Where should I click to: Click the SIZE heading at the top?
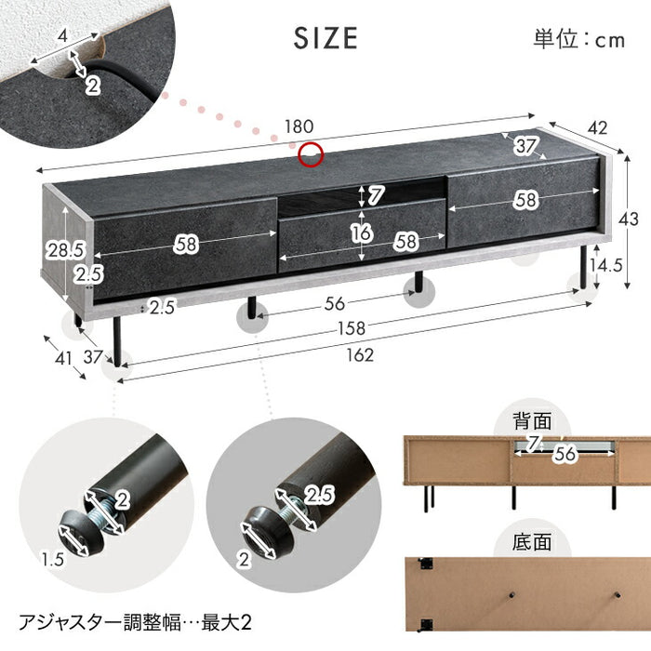[x=325, y=37]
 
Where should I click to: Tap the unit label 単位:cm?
[x=579, y=39]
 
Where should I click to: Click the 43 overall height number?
[x=629, y=219]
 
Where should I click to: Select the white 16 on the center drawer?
[x=362, y=233]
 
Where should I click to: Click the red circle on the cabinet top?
[x=311, y=154]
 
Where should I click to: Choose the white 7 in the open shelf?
[x=375, y=196]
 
